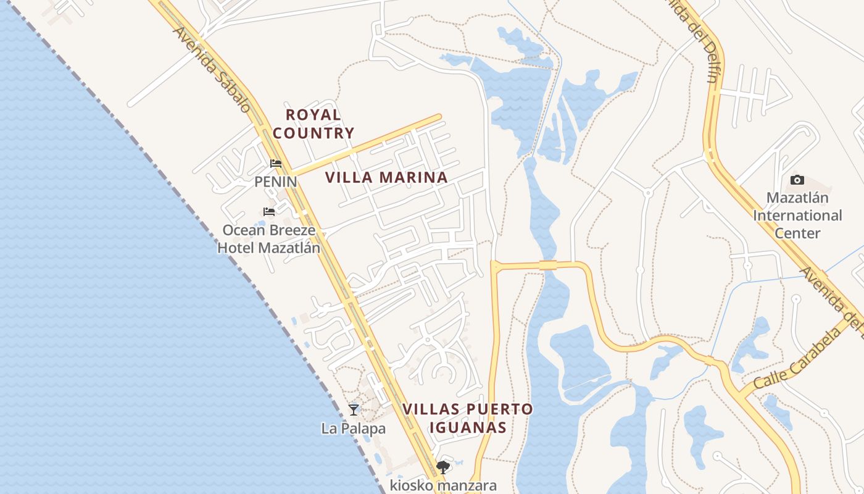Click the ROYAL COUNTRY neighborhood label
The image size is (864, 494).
tap(314, 124)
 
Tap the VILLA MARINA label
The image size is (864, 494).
tap(386, 178)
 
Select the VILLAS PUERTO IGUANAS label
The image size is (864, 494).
tap(468, 418)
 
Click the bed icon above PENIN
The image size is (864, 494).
tap(276, 164)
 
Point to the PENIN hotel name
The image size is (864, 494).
tap(275, 182)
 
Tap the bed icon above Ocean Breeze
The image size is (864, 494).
tap(269, 212)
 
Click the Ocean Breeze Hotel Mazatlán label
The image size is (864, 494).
tap(269, 239)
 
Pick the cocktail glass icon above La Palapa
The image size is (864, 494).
tap(353, 409)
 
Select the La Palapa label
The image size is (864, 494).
tap(353, 428)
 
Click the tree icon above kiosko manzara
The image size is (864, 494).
tap(442, 467)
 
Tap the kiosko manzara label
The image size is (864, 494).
tap(443, 485)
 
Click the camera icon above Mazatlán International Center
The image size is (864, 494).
tap(797, 180)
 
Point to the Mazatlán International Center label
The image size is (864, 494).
tap(797, 216)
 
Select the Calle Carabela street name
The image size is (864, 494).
tap(797, 359)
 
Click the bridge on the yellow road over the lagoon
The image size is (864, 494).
tap(548, 265)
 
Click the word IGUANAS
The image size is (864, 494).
tap(468, 427)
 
